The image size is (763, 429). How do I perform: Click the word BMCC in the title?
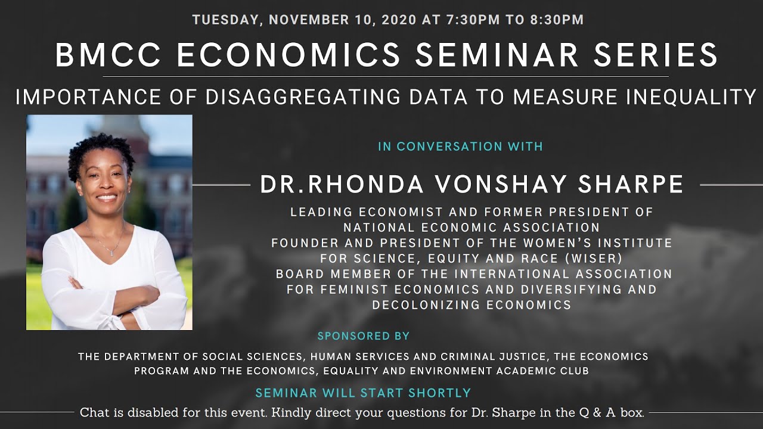[108, 55]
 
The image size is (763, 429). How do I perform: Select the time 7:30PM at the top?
[464, 20]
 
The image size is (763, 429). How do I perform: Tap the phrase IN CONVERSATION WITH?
[460, 147]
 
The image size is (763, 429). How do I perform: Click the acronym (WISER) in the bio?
[634, 259]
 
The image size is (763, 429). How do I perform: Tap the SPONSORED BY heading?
[364, 336]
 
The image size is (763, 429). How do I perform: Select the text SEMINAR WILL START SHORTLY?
[363, 393]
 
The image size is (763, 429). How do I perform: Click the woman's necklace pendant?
[111, 253]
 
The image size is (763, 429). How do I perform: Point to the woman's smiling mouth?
[107, 198]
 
